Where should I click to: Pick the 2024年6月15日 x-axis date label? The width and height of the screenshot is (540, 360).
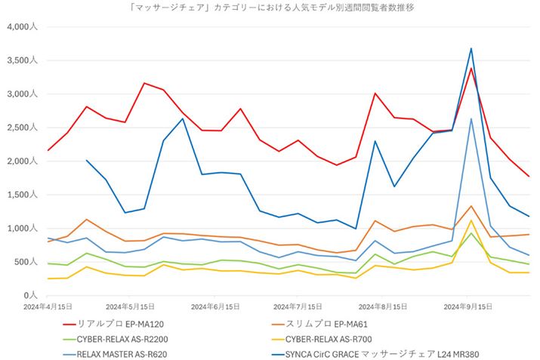pos(215,307)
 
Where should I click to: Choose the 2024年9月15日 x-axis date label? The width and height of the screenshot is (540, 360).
pos(467,307)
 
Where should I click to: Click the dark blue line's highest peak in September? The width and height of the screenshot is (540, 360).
pos(471,48)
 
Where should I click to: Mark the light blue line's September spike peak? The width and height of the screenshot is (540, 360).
pos(471,118)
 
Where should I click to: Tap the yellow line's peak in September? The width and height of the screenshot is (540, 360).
pos(471,220)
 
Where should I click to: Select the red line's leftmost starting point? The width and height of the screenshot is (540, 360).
pos(48,150)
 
